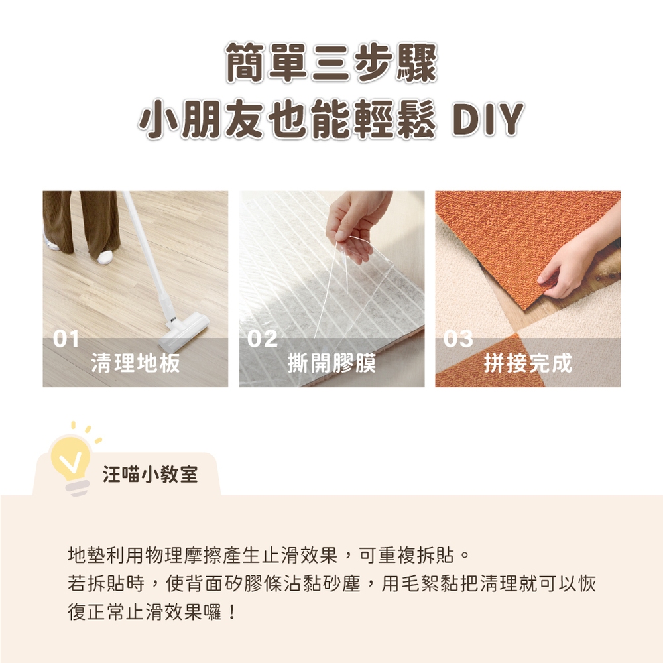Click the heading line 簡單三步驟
point(331,62)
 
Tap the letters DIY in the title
point(487,119)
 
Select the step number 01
point(66,339)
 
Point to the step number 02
point(262,339)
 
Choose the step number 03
point(458,339)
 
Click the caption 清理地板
point(135,363)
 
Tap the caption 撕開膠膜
point(331,363)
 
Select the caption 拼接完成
point(528,363)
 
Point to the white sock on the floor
point(105,256)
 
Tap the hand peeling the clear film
point(358,225)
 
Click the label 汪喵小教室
point(150,475)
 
